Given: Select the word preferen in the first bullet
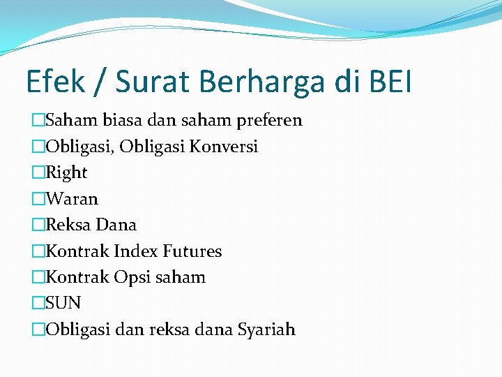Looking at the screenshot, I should tap(269, 121).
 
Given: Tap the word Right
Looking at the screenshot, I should tap(66, 172).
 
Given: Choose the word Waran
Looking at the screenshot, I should tap(72, 199).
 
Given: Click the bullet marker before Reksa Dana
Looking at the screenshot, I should tap(38, 225).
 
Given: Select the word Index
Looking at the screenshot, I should tap(136, 251).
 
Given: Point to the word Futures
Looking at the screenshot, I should tap(192, 251).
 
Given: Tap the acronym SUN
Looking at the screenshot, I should tap(63, 303).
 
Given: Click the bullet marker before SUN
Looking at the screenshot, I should tap(38, 303).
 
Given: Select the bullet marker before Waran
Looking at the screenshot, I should tap(38, 199).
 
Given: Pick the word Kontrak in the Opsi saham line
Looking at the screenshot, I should tap(77, 277).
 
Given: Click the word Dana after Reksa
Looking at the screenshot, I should tap(116, 225).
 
